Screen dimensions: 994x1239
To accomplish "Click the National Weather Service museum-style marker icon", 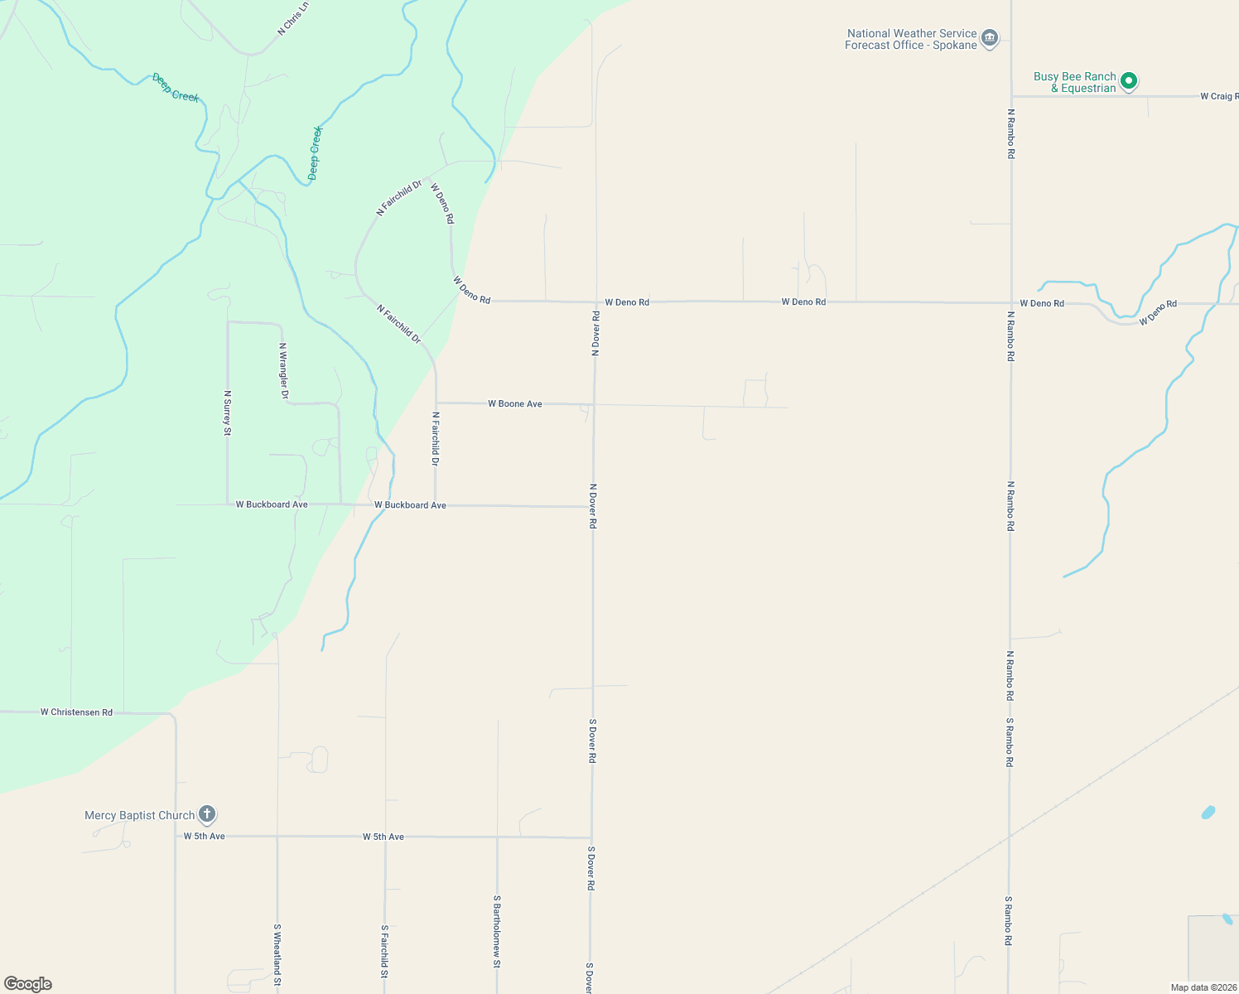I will [x=989, y=38].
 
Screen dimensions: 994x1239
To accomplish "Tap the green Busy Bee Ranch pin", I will [x=1128, y=81].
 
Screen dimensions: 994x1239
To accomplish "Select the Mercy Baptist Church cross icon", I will [x=207, y=814].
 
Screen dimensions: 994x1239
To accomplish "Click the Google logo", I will [x=28, y=984].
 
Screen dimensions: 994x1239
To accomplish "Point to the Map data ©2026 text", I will [x=1203, y=987].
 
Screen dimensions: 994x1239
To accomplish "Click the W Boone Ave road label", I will [x=514, y=403].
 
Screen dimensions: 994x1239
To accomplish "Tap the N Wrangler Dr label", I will [x=283, y=371].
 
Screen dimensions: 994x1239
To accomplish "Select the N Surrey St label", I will [x=227, y=413].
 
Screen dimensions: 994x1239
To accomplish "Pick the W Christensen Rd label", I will [x=76, y=712].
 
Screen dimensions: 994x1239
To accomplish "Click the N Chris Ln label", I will [x=293, y=18].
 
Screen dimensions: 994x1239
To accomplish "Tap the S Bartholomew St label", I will [x=497, y=931].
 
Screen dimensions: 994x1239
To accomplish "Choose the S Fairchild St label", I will [x=384, y=951].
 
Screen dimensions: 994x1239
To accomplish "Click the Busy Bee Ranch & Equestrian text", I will [x=1074, y=82].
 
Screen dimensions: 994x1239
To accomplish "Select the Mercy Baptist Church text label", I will [x=139, y=815].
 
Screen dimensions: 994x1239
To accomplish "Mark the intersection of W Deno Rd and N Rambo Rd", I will [x=1010, y=303].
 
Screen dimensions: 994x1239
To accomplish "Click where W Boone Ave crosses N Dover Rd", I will [x=594, y=404].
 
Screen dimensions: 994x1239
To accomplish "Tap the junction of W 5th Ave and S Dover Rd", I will [x=591, y=837].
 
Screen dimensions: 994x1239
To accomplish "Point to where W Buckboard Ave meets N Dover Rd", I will [x=593, y=506].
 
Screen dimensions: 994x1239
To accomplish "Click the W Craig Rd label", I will [x=1218, y=96].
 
